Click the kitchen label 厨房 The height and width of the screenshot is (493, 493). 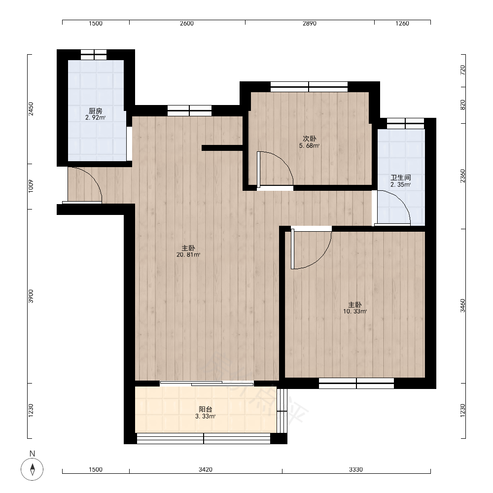tap(95, 111)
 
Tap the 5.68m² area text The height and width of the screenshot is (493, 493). tap(310, 145)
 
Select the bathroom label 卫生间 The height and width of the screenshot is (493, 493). tap(400, 177)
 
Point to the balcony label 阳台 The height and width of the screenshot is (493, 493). tap(205, 409)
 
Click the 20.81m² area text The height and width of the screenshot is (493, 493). tap(188, 255)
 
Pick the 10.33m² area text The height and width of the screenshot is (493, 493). tap(354, 311)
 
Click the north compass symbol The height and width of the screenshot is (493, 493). tap(32, 469)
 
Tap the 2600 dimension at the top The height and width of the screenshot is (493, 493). tap(187, 23)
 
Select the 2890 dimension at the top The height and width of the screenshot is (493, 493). tap(310, 23)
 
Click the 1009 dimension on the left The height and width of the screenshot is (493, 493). tap(31, 186)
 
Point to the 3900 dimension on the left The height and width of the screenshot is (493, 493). tap(31, 296)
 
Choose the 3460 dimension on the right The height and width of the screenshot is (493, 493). tap(462, 306)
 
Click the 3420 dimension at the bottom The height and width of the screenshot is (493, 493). tap(205, 469)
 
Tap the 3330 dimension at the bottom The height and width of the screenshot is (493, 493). tap(356, 469)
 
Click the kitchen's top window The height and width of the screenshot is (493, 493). tap(94, 55)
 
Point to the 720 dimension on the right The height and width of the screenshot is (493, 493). tap(462, 70)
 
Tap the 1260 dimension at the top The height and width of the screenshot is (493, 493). tap(402, 23)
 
